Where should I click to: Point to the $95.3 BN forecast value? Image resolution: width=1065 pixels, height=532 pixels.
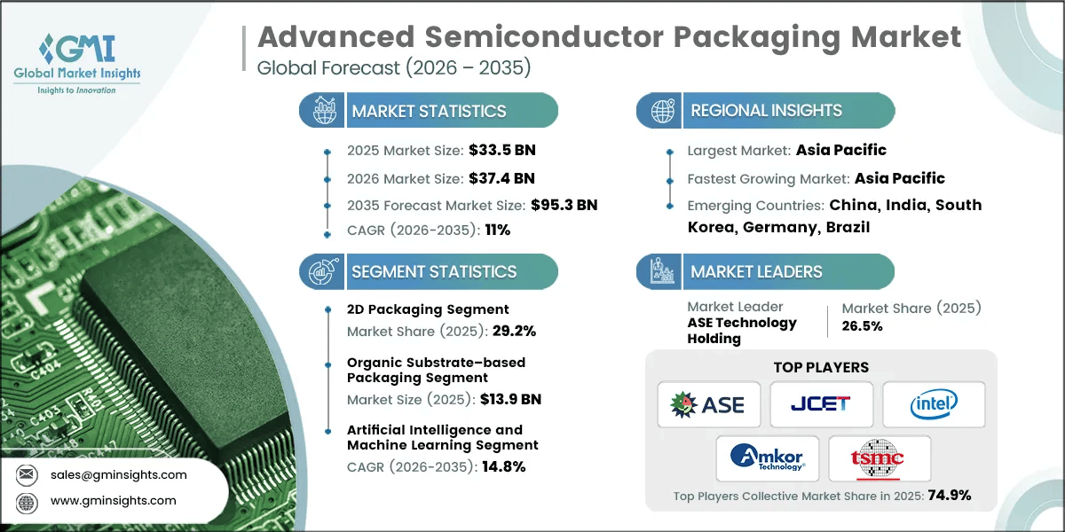pyautogui.click(x=564, y=205)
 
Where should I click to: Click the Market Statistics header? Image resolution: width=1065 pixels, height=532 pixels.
pyautogui.click(x=429, y=111)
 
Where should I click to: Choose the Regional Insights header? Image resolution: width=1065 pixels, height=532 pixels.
pyautogui.click(x=766, y=111)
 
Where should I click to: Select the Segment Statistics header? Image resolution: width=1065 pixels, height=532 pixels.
pyautogui.click(x=434, y=272)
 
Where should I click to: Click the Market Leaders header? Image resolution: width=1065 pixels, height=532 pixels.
pyautogui.click(x=756, y=272)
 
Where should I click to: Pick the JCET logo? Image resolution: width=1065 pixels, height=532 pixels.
pyautogui.click(x=821, y=405)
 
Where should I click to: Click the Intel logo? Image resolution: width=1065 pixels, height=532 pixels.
pyautogui.click(x=933, y=405)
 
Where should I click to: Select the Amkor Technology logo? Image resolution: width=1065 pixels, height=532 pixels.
pyautogui.click(x=768, y=458)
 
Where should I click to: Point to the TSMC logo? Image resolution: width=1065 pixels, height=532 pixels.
pyautogui.click(x=879, y=458)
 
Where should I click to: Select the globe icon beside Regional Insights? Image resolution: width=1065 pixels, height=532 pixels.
pyautogui.click(x=661, y=111)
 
